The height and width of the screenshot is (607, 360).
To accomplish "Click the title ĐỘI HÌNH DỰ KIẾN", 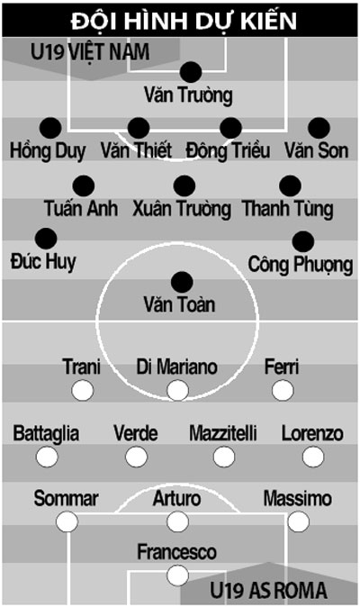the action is (x=184, y=21).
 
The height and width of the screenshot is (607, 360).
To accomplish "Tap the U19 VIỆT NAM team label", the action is (x=90, y=52).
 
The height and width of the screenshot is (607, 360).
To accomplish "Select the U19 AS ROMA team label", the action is (x=268, y=591).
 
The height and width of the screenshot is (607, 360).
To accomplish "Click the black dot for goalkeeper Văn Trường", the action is (x=191, y=72).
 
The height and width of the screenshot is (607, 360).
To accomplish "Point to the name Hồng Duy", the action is (x=48, y=151).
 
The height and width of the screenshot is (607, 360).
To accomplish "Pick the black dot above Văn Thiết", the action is (x=139, y=128).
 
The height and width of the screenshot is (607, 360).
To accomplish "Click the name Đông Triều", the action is (x=228, y=150).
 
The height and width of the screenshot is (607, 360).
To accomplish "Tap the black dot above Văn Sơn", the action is (x=319, y=128).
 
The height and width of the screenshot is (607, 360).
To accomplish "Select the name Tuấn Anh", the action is (x=81, y=208).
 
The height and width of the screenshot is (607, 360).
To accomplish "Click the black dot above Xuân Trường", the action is (x=184, y=186).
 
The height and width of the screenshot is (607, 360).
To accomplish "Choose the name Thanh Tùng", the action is (x=288, y=209).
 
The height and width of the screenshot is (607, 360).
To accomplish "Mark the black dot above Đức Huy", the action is (x=46, y=239).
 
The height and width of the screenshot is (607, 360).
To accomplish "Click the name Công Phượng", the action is (x=301, y=265).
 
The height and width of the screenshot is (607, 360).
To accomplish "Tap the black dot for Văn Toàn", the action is (x=182, y=282).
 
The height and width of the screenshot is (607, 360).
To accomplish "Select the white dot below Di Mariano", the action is (x=177, y=390).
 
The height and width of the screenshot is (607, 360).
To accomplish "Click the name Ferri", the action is (x=282, y=367).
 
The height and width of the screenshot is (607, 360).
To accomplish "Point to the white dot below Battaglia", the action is (x=47, y=457).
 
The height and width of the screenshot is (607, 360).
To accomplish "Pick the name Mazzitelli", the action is (x=223, y=433).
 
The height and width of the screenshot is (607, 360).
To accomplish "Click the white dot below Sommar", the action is (x=67, y=521).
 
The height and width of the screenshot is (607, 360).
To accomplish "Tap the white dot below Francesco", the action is (x=177, y=575).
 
